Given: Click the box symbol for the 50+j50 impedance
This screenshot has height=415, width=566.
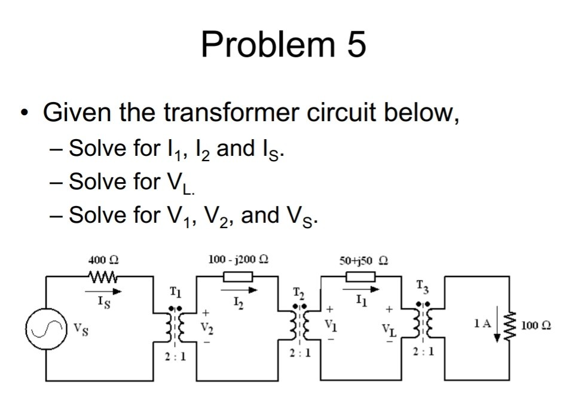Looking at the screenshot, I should [360, 276].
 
